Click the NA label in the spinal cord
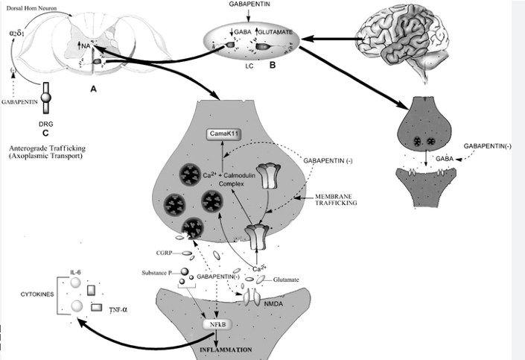(86, 47)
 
